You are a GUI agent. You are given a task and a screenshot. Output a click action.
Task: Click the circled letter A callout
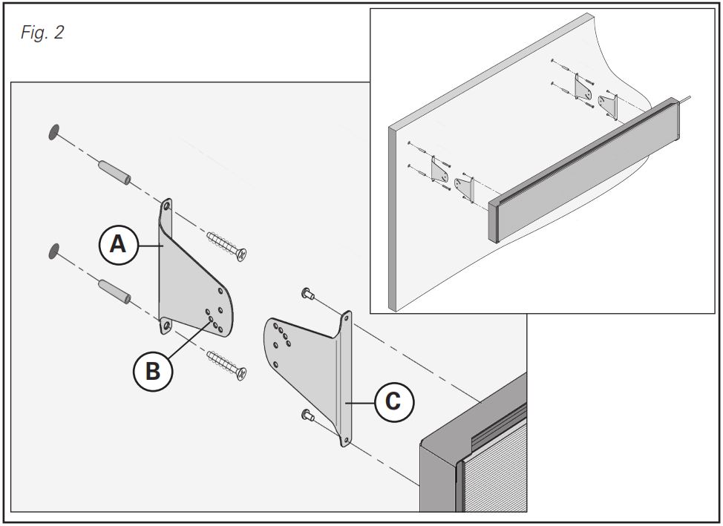(x=118, y=244)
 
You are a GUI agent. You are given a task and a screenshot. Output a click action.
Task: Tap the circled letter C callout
(x=393, y=401)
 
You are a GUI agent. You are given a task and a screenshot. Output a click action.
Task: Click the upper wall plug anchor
(x=114, y=173)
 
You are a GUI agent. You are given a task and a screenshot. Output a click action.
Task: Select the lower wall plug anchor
(x=115, y=292)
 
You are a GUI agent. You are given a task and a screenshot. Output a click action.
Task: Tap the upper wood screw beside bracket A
(x=227, y=245)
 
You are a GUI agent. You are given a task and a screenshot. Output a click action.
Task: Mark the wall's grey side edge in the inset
(x=392, y=215)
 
